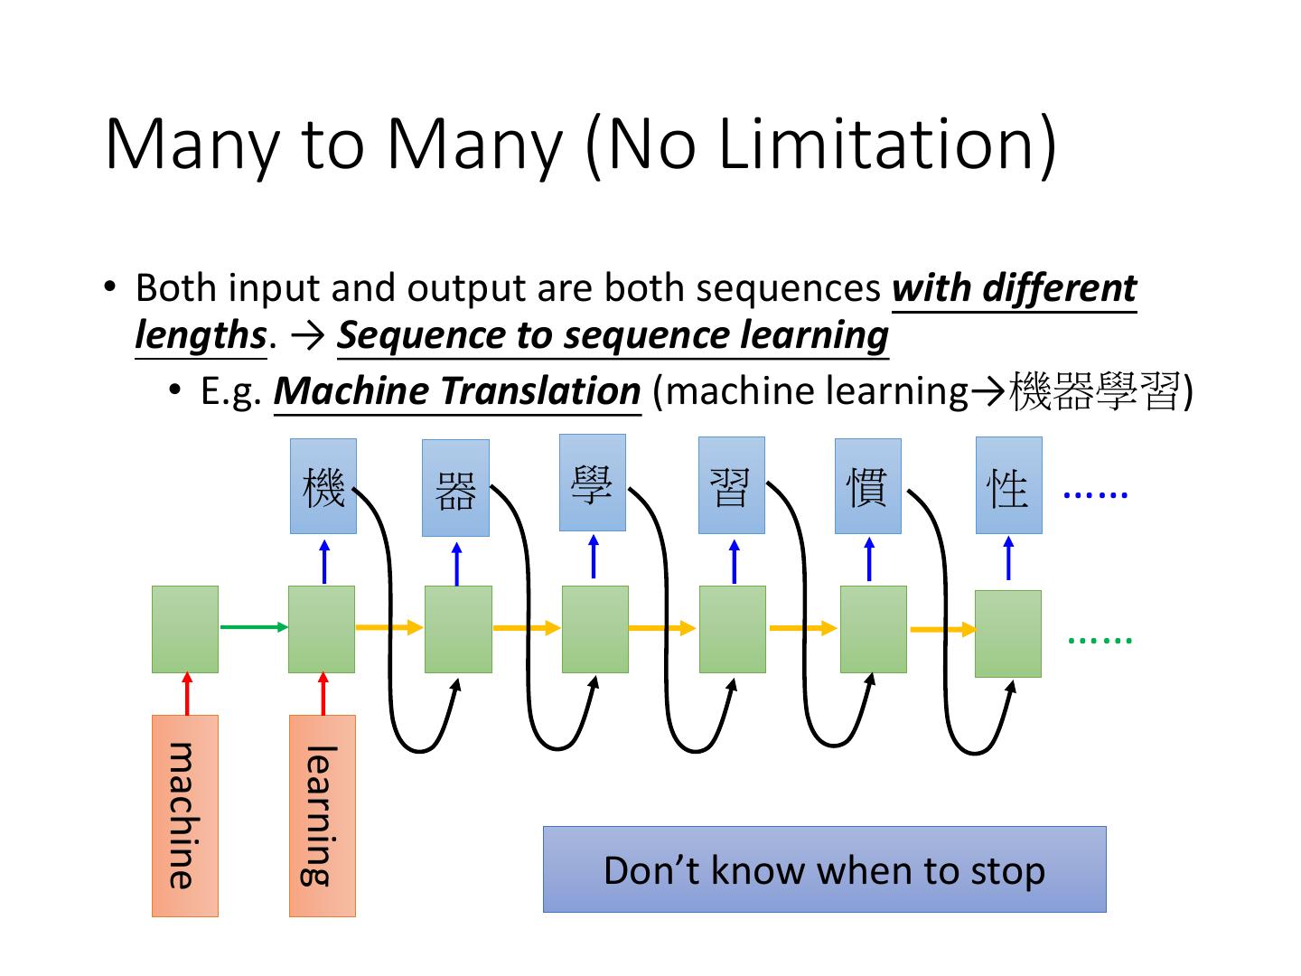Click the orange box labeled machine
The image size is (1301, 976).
point(185,815)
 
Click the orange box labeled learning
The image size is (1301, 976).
point(323,815)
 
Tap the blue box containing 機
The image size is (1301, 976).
point(323,486)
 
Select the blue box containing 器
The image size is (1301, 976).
point(456,488)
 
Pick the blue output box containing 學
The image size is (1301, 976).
point(593,483)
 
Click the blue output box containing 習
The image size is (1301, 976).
point(732,485)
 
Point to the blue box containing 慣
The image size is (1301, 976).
point(868,486)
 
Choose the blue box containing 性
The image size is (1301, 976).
point(1009,485)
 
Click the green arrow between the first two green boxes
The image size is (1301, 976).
point(253,626)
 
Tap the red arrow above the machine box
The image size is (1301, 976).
point(187,694)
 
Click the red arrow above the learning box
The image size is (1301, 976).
point(323,694)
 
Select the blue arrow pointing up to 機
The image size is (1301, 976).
point(324,561)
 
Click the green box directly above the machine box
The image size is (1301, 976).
point(185,629)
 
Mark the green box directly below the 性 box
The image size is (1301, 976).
point(1008,633)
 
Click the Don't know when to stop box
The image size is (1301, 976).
point(824,869)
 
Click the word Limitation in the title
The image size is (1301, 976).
point(886,144)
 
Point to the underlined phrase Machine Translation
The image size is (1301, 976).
point(457,391)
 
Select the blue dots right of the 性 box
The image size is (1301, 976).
point(1096,494)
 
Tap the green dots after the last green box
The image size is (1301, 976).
point(1100,640)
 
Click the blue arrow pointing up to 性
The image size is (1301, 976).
point(1008,558)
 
